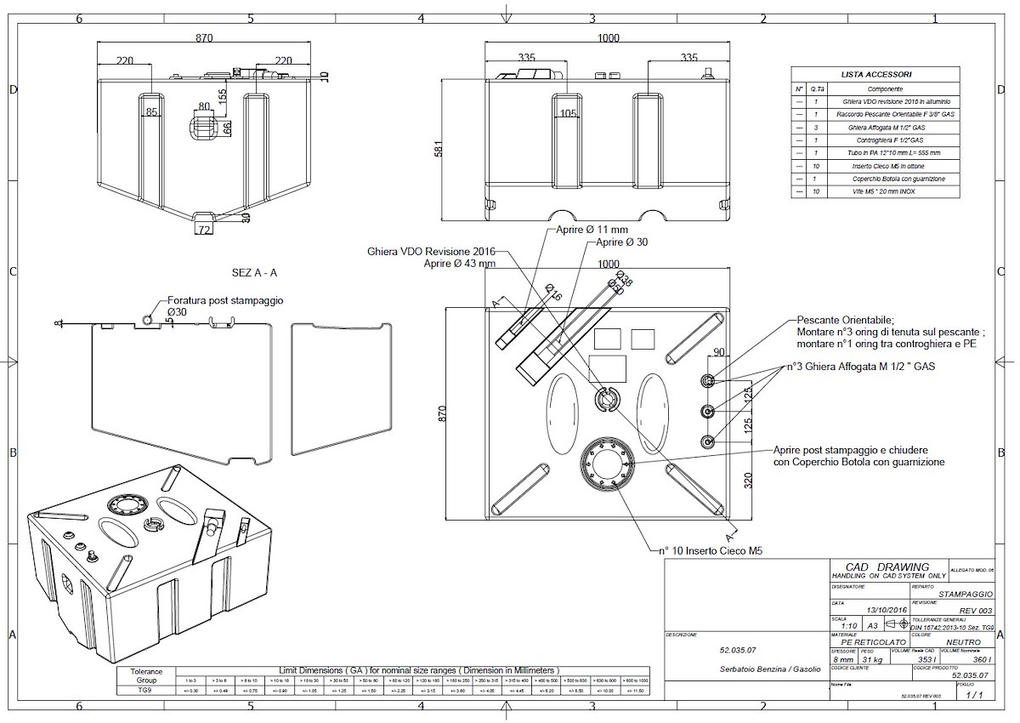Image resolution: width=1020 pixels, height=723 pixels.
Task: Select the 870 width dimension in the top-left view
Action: pos(204,38)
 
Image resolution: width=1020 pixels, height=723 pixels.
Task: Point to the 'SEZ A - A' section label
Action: pos(254,273)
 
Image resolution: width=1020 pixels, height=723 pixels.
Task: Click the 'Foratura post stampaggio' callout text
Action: pos(225,300)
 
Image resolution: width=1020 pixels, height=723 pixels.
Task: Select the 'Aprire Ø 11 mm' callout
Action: pos(592,230)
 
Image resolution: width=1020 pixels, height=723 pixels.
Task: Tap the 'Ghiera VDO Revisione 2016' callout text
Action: pos(431,253)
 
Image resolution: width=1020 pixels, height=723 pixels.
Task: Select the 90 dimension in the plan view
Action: pos(718,352)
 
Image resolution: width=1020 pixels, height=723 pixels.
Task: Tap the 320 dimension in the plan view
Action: pos(749,481)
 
